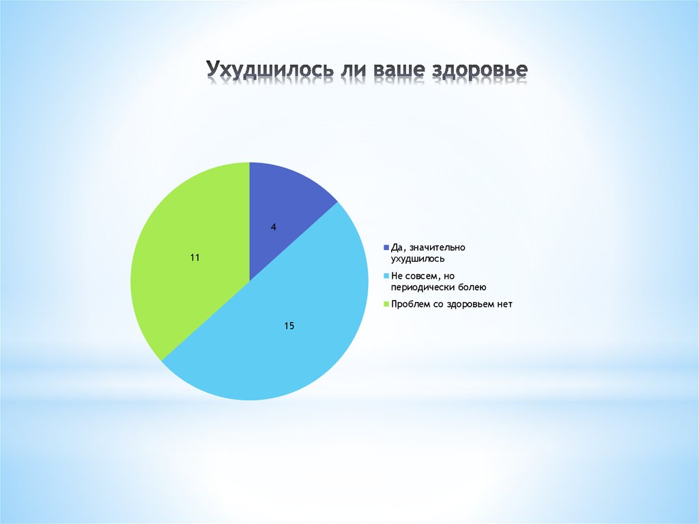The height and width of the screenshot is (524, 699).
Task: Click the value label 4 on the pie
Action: click(x=274, y=227)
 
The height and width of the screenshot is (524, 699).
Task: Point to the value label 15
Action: click(x=289, y=326)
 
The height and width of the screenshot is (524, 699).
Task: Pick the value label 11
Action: click(x=195, y=258)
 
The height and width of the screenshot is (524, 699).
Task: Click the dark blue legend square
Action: click(x=386, y=247)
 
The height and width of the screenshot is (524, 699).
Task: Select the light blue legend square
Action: click(x=386, y=276)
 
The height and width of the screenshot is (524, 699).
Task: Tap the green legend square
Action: click(x=386, y=304)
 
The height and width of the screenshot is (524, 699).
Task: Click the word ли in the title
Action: click(x=348, y=70)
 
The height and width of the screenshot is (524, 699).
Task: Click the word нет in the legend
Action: click(x=504, y=304)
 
